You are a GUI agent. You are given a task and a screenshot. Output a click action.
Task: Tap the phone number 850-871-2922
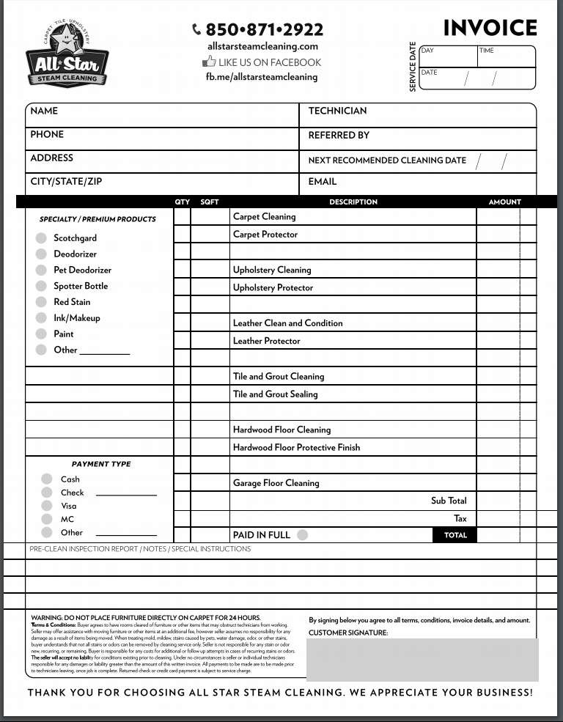pos(258,29)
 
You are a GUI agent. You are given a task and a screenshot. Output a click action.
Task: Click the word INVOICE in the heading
pos(490,28)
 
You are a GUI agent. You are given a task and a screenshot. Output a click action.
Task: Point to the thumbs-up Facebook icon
pos(209,62)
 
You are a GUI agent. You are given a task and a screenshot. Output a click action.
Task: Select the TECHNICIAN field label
pos(337,111)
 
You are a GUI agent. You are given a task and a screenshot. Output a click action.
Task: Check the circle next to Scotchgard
pos(41,237)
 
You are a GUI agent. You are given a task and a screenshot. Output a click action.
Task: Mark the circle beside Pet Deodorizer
pos(41,270)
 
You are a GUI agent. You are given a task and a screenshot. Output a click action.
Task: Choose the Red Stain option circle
pos(41,302)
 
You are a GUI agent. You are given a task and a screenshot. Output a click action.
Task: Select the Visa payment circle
pos(47,506)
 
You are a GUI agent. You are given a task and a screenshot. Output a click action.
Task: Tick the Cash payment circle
pos(47,479)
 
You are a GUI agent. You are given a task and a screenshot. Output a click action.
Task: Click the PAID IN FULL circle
pos(303,535)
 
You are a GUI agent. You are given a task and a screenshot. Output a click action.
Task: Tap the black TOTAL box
pos(455,535)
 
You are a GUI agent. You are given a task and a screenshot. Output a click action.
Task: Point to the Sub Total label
pos(449,501)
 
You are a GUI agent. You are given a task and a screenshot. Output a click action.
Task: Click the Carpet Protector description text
pos(265,235)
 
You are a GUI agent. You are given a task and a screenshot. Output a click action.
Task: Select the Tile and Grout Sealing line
pos(276,394)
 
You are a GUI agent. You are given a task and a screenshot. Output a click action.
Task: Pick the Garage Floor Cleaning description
pos(276,483)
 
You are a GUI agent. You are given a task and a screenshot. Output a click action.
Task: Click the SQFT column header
pos(209,202)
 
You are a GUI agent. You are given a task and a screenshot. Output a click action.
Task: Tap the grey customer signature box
pos(422,659)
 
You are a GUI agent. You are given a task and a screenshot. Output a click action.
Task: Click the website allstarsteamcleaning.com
pos(262,46)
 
